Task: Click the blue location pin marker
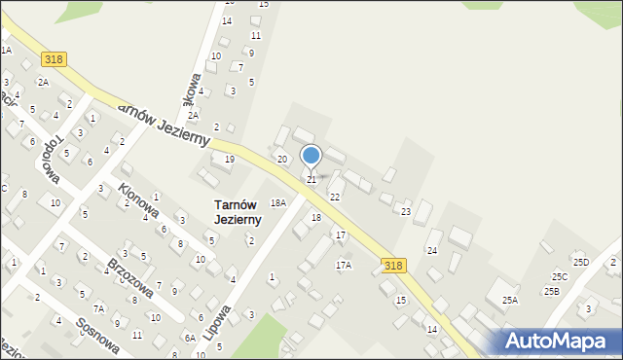pyautogui.click(x=311, y=157)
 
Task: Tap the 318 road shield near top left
pyautogui.click(x=54, y=59)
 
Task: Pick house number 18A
pyautogui.click(x=278, y=202)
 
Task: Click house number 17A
pyautogui.click(x=344, y=265)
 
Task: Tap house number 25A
pyautogui.click(x=510, y=301)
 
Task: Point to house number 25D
pyautogui.click(x=581, y=262)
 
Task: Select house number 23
pyautogui.click(x=406, y=211)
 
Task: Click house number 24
pyautogui.click(x=431, y=250)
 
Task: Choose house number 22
pyautogui.click(x=334, y=197)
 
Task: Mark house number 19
pyautogui.click(x=230, y=159)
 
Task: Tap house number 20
pyautogui.click(x=282, y=159)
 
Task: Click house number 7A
pyautogui.click(x=98, y=308)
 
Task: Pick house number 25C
pyautogui.click(x=560, y=276)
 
